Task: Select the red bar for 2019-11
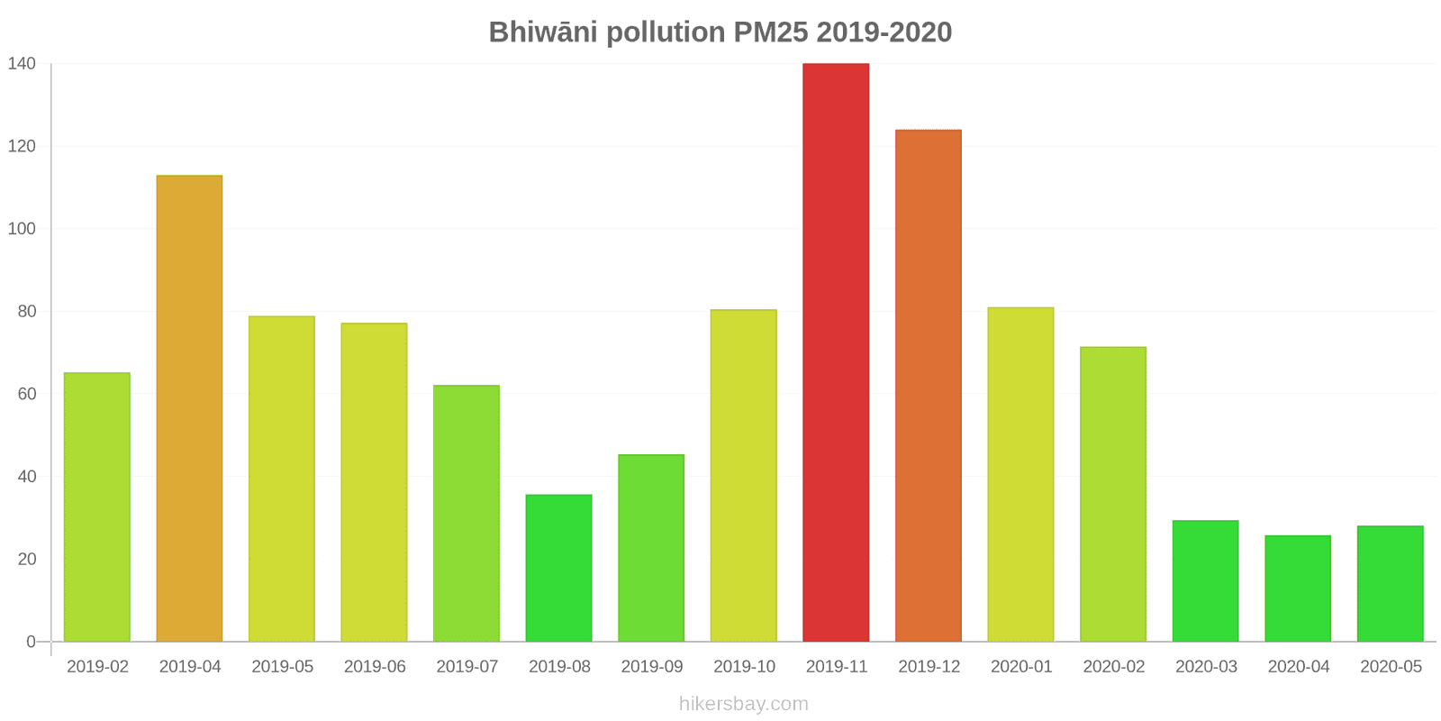click(x=836, y=352)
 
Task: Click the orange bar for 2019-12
click(x=928, y=386)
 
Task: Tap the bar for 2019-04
click(x=189, y=408)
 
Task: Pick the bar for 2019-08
click(x=558, y=568)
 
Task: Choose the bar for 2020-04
click(x=1298, y=589)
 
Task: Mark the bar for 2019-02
click(x=97, y=507)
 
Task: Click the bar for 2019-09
click(x=651, y=548)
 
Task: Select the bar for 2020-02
click(x=1113, y=494)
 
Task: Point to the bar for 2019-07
click(x=467, y=514)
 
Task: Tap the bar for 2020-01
click(x=1020, y=474)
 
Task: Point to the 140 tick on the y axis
click(x=22, y=63)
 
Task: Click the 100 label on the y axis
click(x=22, y=229)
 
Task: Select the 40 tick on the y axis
click(x=26, y=477)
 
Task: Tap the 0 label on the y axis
click(x=31, y=642)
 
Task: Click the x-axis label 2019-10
click(x=744, y=667)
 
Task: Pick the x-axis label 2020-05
click(x=1391, y=667)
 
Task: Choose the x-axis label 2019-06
click(x=375, y=667)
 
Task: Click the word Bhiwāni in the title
click(x=543, y=32)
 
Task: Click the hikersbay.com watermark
click(x=744, y=704)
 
